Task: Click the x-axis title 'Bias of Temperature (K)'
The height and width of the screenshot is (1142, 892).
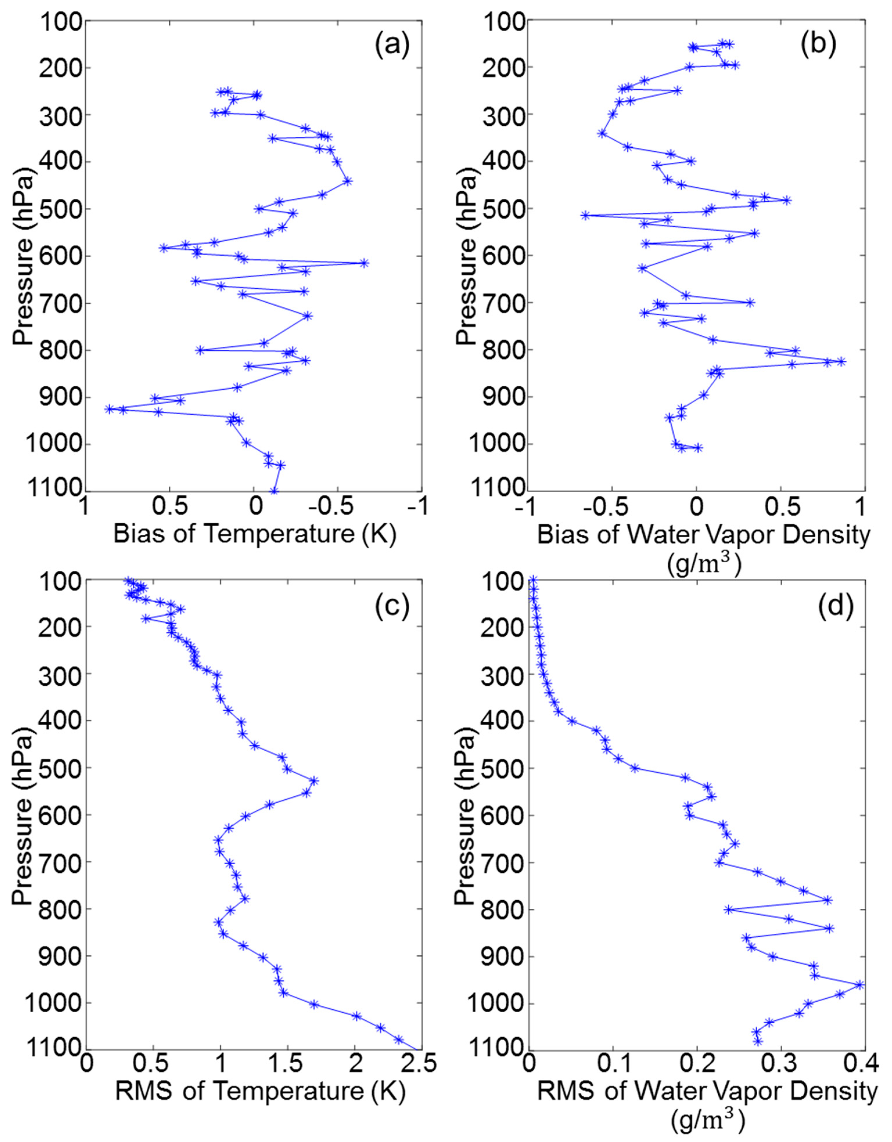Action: (255, 535)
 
